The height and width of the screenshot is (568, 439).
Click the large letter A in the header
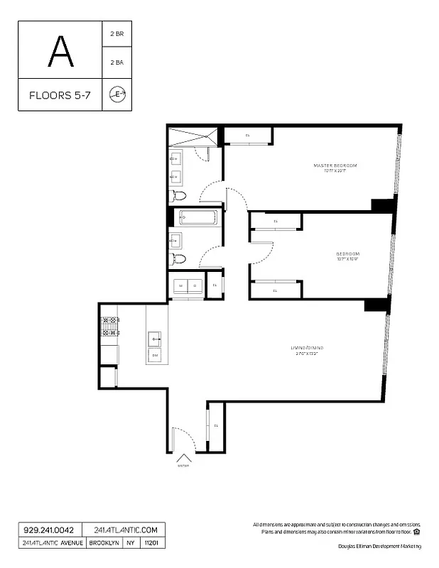(60, 50)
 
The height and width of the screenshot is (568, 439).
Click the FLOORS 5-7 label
(60, 94)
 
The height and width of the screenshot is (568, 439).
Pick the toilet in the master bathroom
(178, 196)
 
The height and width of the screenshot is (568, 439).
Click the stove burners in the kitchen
(109, 326)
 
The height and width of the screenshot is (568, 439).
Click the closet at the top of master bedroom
(248, 135)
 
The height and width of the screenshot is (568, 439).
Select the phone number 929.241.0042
(49, 530)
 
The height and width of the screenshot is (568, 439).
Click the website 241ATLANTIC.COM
(124, 530)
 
